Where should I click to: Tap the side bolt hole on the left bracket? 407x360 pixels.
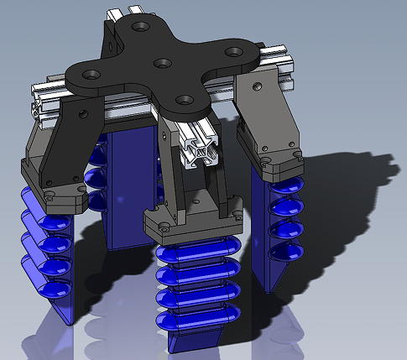(x=81, y=113)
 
